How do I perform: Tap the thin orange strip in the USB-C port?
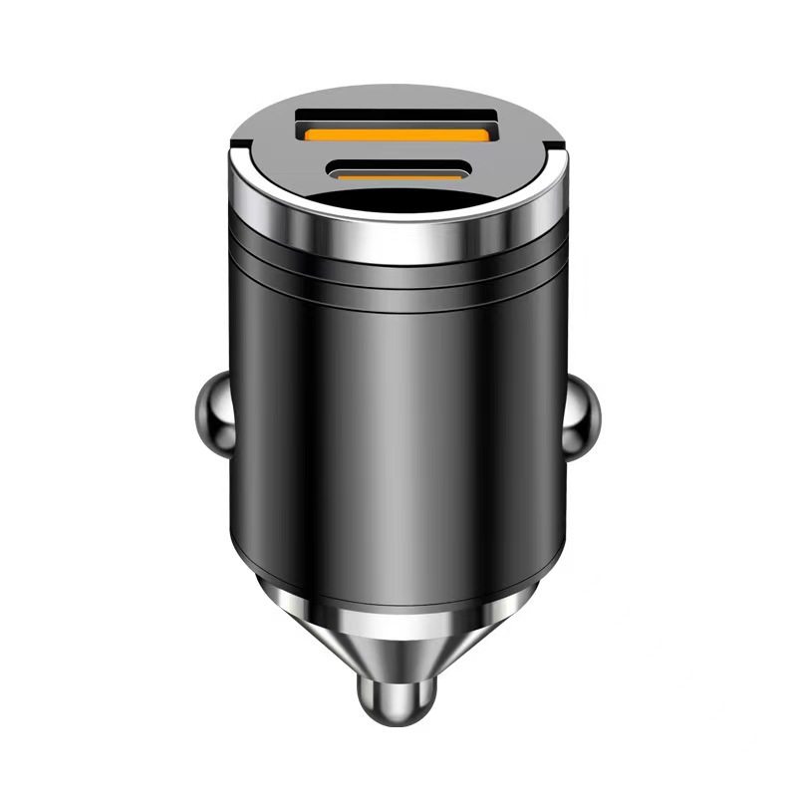(398, 175)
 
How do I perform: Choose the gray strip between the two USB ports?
(398, 154)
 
